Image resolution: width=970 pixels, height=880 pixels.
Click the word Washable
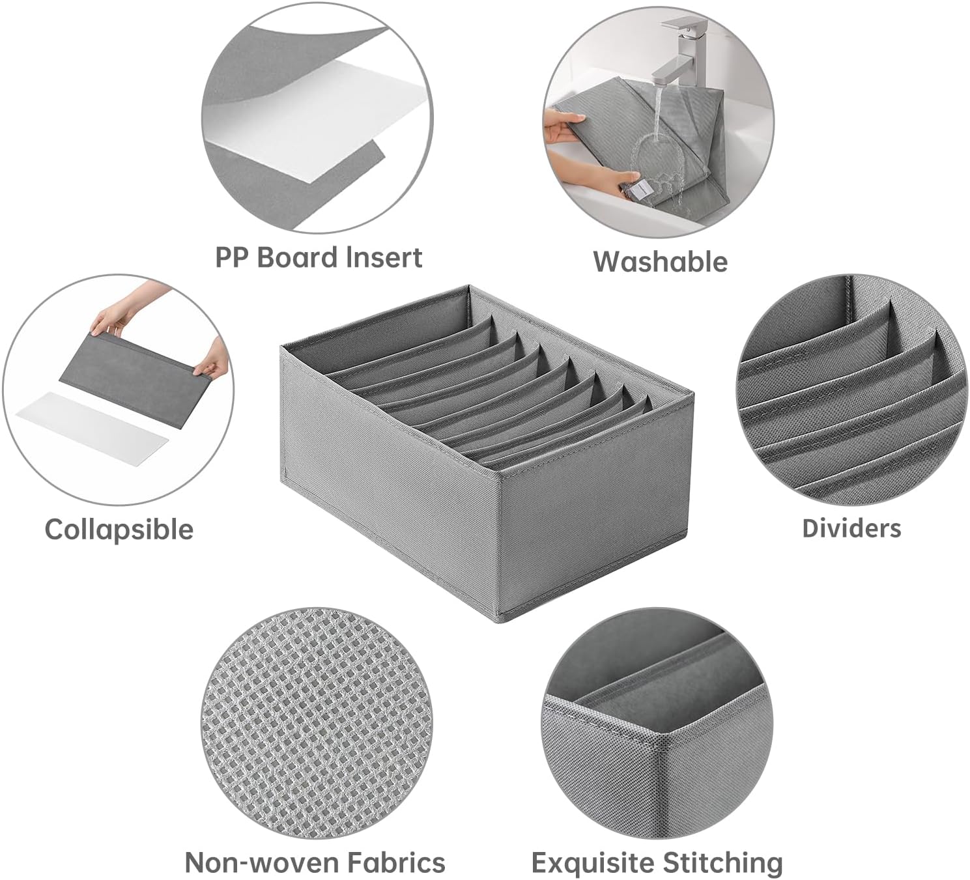tap(660, 262)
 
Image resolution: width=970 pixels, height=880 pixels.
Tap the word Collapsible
tap(119, 530)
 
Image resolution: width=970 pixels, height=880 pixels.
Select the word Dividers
tap(851, 528)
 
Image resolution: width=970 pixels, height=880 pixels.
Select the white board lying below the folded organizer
tap(92, 427)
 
